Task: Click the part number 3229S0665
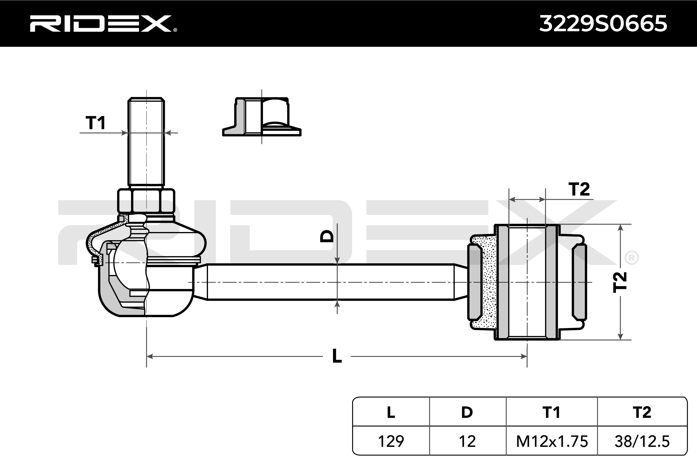[603, 24]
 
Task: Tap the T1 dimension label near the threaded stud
[95, 123]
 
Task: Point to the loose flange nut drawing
[262, 117]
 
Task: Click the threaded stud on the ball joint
[146, 142]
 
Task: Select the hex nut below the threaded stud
[146, 201]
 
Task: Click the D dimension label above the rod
[327, 236]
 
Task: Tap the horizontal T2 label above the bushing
[579, 189]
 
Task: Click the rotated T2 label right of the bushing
[620, 282]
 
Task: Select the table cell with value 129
[391, 441]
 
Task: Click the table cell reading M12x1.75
[552, 441]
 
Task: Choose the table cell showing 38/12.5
[642, 441]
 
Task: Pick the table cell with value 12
[467, 441]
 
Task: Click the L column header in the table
[391, 412]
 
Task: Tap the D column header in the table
[467, 412]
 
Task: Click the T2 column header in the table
[642, 412]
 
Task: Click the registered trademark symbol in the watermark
[631, 258]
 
